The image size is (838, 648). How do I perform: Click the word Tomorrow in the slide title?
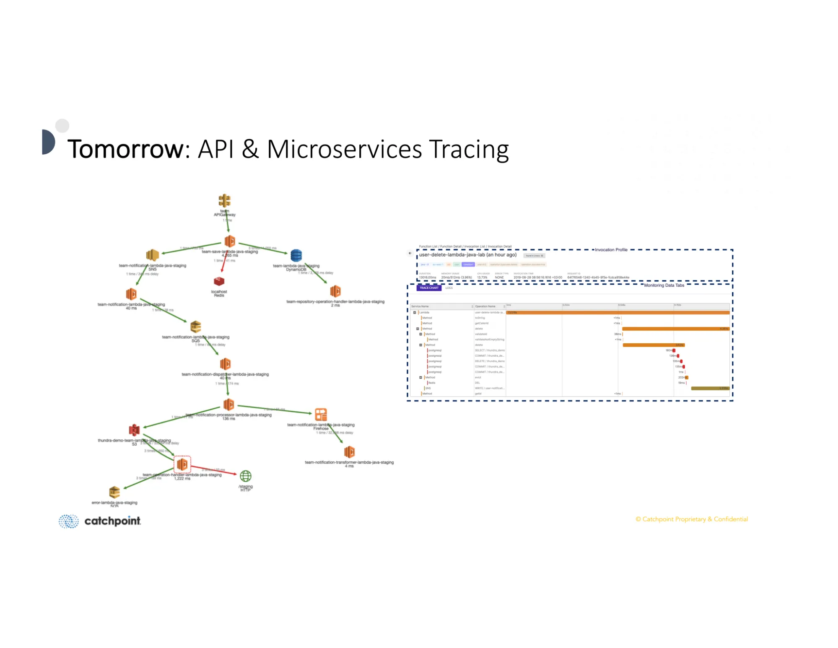pos(125,149)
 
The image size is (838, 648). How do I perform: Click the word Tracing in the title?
pos(469,150)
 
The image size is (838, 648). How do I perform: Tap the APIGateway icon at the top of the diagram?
pos(224,201)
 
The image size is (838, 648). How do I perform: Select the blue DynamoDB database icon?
pos(296,255)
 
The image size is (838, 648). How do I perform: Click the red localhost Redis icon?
pos(219,281)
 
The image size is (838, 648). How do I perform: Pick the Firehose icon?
pos(321,415)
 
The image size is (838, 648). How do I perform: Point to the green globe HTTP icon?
pos(246,476)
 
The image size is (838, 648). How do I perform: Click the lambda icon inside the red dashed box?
pos(182,464)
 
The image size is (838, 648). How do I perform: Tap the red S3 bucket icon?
pos(134,430)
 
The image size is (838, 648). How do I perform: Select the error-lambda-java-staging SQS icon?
pos(114,492)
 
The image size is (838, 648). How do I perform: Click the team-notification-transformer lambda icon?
pos(349,452)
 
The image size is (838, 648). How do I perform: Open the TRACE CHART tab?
pos(429,288)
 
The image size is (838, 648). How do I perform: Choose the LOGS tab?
pos(449,288)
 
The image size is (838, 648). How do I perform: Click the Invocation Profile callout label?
pos(611,250)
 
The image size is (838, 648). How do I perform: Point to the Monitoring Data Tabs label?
pos(664,285)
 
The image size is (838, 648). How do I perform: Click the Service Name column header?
pos(420,306)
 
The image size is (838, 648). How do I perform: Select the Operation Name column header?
pos(485,306)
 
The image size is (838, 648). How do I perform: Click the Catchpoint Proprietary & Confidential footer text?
pos(691,519)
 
